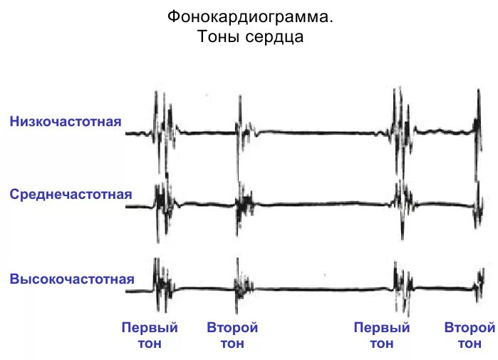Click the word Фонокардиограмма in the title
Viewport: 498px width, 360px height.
249,16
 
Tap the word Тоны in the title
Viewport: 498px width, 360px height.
222,37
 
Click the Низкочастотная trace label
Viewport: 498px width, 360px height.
66,121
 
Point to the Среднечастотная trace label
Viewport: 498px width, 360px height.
71,194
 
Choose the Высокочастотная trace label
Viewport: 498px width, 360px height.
72,278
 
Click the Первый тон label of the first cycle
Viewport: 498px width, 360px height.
150,336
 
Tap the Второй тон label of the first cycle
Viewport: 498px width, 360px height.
232,336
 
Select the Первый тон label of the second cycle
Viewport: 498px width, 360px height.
382,336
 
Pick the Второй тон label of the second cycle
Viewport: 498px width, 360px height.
469,336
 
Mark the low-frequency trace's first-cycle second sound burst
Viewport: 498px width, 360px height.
244,129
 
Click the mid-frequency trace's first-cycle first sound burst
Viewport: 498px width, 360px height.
163,203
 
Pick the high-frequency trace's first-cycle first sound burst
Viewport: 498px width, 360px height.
163,285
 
